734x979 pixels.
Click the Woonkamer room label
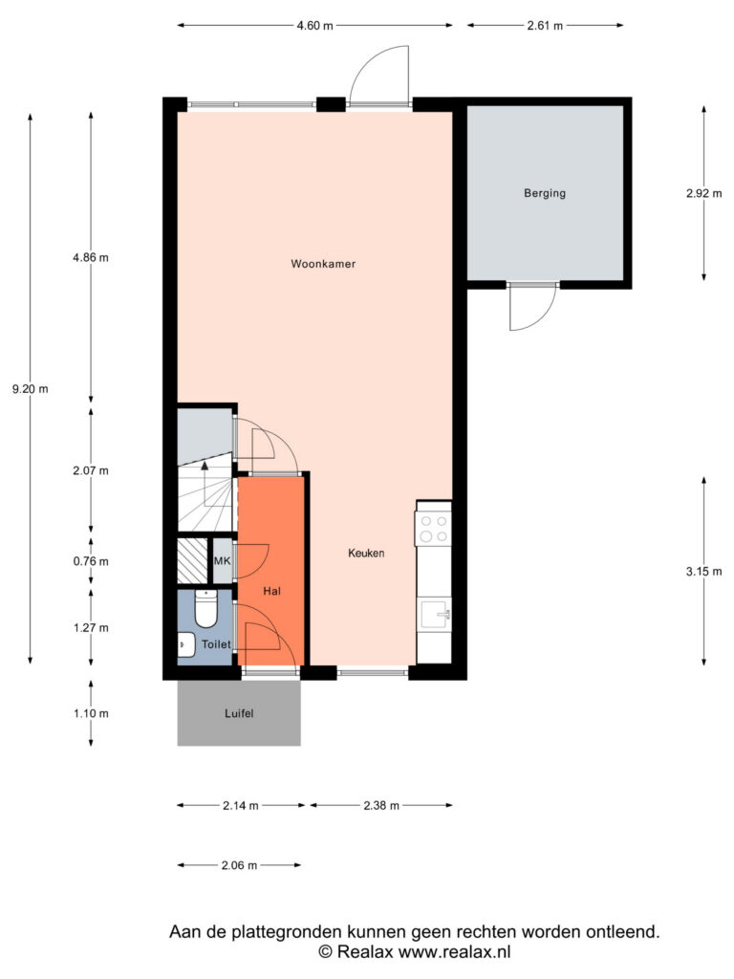[323, 264]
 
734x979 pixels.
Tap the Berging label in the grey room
[545, 193]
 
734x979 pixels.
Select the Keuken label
[366, 553]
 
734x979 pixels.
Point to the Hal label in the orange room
[271, 591]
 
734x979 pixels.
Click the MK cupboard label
[222, 560]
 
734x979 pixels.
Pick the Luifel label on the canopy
[239, 713]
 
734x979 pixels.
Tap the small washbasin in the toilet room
[185, 644]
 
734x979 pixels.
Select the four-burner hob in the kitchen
[434, 528]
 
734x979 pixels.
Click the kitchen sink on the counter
[435, 613]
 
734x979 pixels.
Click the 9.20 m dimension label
[30, 389]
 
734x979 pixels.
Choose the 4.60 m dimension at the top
[314, 26]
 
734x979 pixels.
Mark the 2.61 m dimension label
[545, 26]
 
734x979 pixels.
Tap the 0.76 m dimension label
[91, 561]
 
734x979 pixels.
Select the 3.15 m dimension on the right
[704, 572]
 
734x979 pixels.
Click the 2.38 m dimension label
[381, 805]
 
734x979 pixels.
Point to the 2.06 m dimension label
[239, 865]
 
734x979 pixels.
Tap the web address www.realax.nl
[454, 951]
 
